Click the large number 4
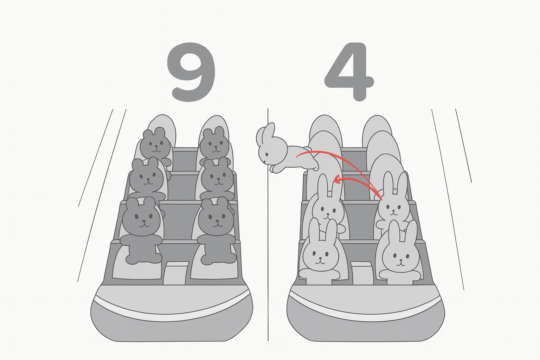coord(349,72)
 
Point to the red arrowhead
coord(338,180)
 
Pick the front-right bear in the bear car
coord(216,231)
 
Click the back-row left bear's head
coord(155,142)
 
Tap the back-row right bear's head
coord(214,142)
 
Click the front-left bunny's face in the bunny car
coord(321,256)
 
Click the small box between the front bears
coord(176,273)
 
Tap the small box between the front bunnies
coord(362,273)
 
